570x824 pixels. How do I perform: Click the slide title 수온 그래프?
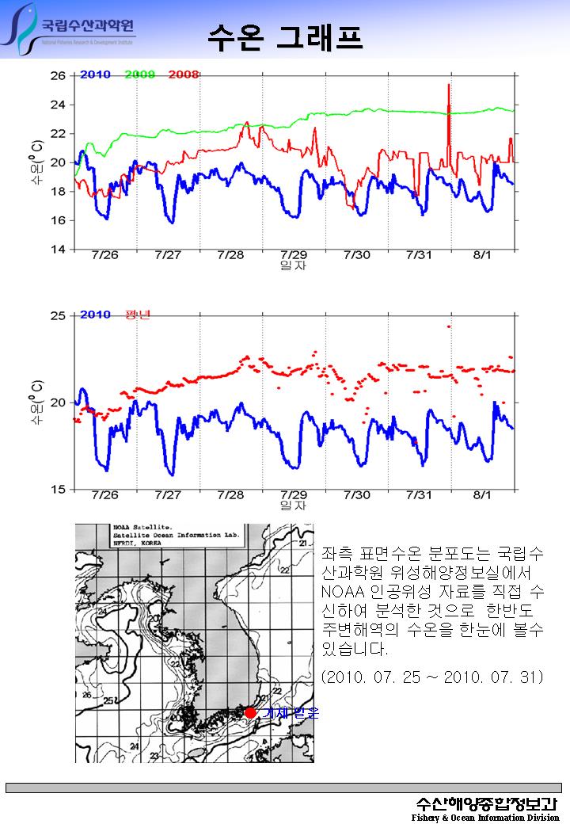pyautogui.click(x=285, y=36)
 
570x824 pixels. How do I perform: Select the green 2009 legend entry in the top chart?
pyautogui.click(x=139, y=74)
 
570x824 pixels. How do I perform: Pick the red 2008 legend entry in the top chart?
pyautogui.click(x=183, y=74)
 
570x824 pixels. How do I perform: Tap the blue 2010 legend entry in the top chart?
pyautogui.click(x=95, y=74)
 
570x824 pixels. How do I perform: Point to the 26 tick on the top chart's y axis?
pyautogui.click(x=58, y=76)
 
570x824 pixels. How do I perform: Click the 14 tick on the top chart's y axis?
pyautogui.click(x=58, y=250)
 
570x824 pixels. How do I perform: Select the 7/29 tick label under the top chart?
pyautogui.click(x=294, y=255)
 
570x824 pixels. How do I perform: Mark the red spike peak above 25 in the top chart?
pyautogui.click(x=449, y=84)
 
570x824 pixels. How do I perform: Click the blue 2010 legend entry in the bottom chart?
pyautogui.click(x=95, y=315)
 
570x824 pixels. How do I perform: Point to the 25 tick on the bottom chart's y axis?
pyautogui.click(x=58, y=316)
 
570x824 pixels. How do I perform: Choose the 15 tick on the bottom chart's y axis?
pyautogui.click(x=58, y=490)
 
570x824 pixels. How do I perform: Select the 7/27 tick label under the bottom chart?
pyautogui.click(x=168, y=495)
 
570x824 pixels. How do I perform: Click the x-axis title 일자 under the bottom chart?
pyautogui.click(x=294, y=505)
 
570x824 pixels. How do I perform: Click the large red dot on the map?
pyautogui.click(x=250, y=712)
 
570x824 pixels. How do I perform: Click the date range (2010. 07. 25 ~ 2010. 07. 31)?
pyautogui.click(x=432, y=677)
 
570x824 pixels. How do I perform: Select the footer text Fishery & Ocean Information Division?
pyautogui.click(x=485, y=817)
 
